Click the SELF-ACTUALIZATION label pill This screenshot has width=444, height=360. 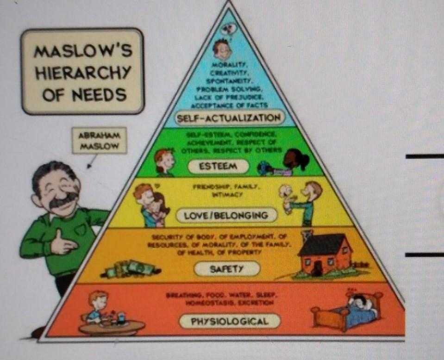(228, 118)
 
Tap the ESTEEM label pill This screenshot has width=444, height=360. (219, 166)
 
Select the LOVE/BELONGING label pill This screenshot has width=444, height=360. (226, 215)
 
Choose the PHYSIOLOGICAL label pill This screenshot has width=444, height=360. (230, 321)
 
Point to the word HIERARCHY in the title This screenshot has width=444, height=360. (84, 72)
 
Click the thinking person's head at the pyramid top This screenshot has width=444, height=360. (222, 48)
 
